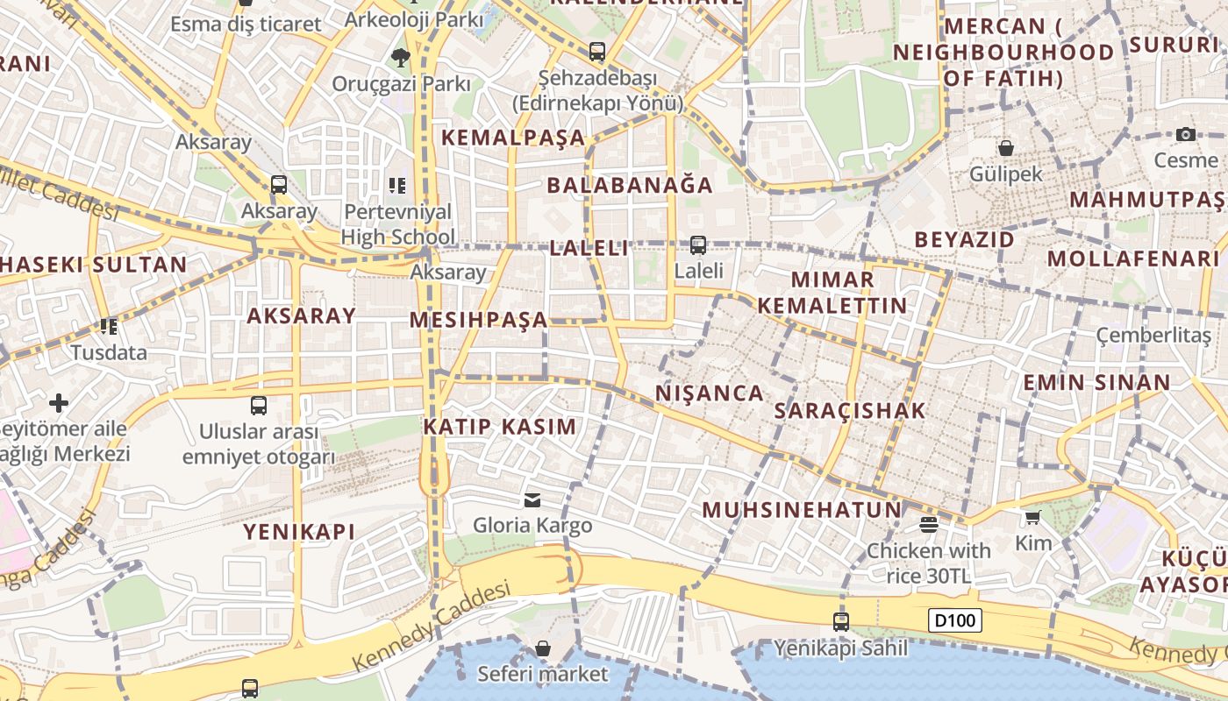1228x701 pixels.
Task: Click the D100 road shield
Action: pyautogui.click(x=954, y=621)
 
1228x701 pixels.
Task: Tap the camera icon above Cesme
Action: pyautogui.click(x=1186, y=134)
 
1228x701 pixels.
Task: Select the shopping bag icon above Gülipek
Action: pyautogui.click(x=1005, y=148)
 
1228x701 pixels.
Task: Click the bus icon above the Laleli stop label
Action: pyautogui.click(x=698, y=245)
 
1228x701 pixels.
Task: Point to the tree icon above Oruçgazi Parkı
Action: pyautogui.click(x=401, y=58)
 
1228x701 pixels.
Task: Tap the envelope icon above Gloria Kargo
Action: pyautogui.click(x=532, y=499)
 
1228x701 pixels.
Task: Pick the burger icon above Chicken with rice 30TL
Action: pyautogui.click(x=928, y=525)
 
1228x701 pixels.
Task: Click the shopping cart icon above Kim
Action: pyautogui.click(x=1032, y=518)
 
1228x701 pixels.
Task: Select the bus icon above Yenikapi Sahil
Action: pyautogui.click(x=840, y=622)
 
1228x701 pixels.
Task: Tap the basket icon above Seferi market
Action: pyautogui.click(x=542, y=648)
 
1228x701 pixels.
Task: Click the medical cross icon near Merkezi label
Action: pyautogui.click(x=59, y=403)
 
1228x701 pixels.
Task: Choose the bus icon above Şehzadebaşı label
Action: pyautogui.click(x=597, y=52)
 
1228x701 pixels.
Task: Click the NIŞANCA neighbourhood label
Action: pyautogui.click(x=709, y=393)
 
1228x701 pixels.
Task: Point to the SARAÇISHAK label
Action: pyautogui.click(x=850, y=410)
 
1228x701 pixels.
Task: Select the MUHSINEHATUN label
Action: pyautogui.click(x=802, y=509)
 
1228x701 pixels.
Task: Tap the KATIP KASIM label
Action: pyautogui.click(x=500, y=427)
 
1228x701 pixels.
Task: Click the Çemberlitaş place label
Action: pyautogui.click(x=1153, y=336)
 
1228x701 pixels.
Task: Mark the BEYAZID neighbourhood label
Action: pyautogui.click(x=964, y=239)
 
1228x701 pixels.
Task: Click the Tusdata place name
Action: pyautogui.click(x=109, y=353)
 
